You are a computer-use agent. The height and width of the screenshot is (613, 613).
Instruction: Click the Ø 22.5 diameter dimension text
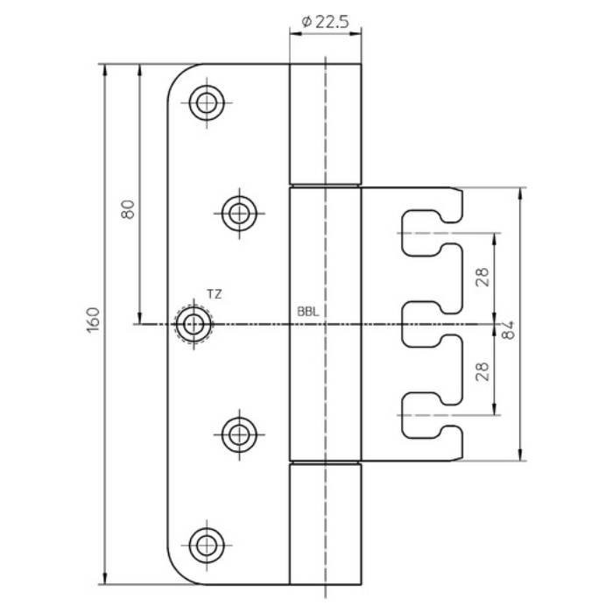click(x=325, y=22)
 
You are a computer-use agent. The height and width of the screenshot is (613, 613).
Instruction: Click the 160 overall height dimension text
click(x=93, y=320)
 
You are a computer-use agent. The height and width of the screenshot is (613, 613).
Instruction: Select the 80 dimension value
click(x=128, y=209)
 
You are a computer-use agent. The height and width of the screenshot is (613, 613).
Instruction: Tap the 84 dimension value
click(x=508, y=330)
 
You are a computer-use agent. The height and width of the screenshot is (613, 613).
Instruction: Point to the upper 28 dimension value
click(x=483, y=278)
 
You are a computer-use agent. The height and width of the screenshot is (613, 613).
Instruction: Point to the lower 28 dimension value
click(x=483, y=371)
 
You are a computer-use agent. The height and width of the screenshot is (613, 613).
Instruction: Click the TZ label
click(x=215, y=294)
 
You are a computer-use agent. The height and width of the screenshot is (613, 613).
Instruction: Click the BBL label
click(x=308, y=312)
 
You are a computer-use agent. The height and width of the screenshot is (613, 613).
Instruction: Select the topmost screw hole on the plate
click(x=207, y=102)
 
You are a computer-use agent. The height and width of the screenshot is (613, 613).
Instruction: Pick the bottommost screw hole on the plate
click(x=207, y=545)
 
